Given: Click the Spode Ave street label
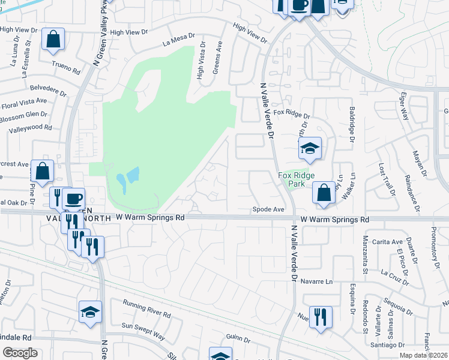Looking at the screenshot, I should (x=268, y=210).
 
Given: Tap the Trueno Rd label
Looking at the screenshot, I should (x=66, y=66).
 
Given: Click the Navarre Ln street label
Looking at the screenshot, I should (x=317, y=281).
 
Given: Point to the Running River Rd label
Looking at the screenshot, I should (x=146, y=310).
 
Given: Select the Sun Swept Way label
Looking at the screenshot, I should (x=143, y=329).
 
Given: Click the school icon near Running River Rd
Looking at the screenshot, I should (x=90, y=311).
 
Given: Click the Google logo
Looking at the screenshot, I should (x=20, y=353).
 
